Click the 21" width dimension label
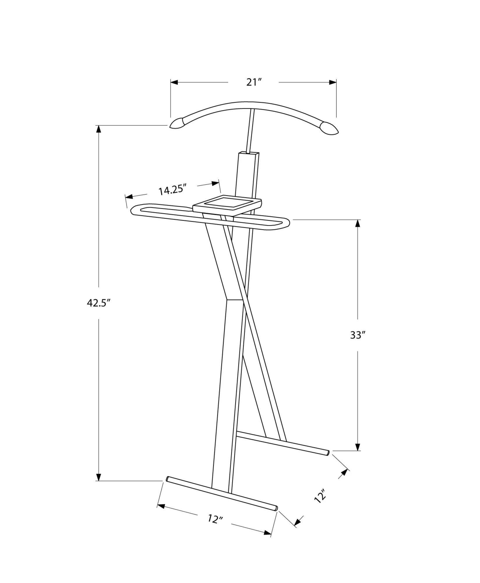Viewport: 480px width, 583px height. coord(253,82)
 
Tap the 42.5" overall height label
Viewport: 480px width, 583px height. coord(99,303)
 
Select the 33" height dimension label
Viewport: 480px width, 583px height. coord(357,335)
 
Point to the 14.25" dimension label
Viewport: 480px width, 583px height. coord(172,190)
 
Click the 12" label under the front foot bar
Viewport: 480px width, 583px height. coord(215,519)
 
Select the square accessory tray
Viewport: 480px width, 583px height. coord(227,205)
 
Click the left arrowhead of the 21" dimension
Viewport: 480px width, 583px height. coord(174,82)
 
